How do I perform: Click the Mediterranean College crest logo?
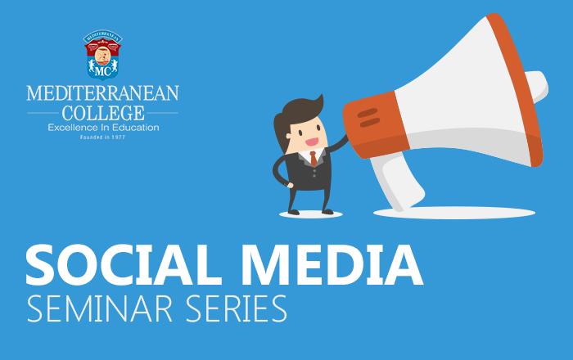[102, 55]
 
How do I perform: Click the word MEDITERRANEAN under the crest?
[102, 92]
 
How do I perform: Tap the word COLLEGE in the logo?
[103, 113]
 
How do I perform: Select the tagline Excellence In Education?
[103, 128]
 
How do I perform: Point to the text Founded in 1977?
[102, 137]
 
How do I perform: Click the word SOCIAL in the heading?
[124, 264]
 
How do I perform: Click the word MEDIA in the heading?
[332, 264]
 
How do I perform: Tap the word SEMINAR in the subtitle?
[99, 309]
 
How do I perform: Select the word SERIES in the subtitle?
[237, 309]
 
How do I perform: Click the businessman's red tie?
[314, 159]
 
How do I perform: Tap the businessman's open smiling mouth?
[312, 142]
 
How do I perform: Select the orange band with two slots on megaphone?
[376, 124]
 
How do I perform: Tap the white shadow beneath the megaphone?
[454, 213]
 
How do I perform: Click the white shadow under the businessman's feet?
[311, 214]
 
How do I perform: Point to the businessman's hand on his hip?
[290, 186]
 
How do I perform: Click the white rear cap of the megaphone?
[537, 86]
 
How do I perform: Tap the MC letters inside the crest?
[102, 71]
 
